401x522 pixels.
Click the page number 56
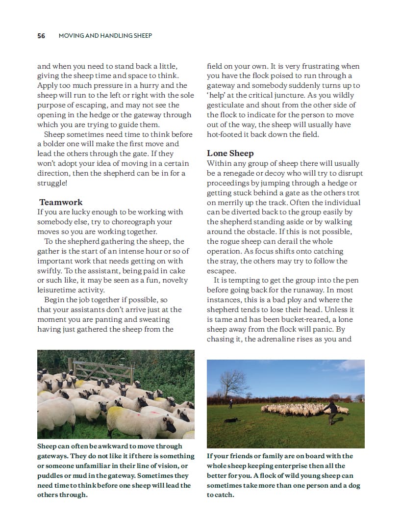pos(41,36)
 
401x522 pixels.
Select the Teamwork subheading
pos(61,202)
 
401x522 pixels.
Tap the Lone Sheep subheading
pos(230,154)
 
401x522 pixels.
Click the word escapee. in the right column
pos(222,270)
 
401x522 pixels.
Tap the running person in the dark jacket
pos(334,410)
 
